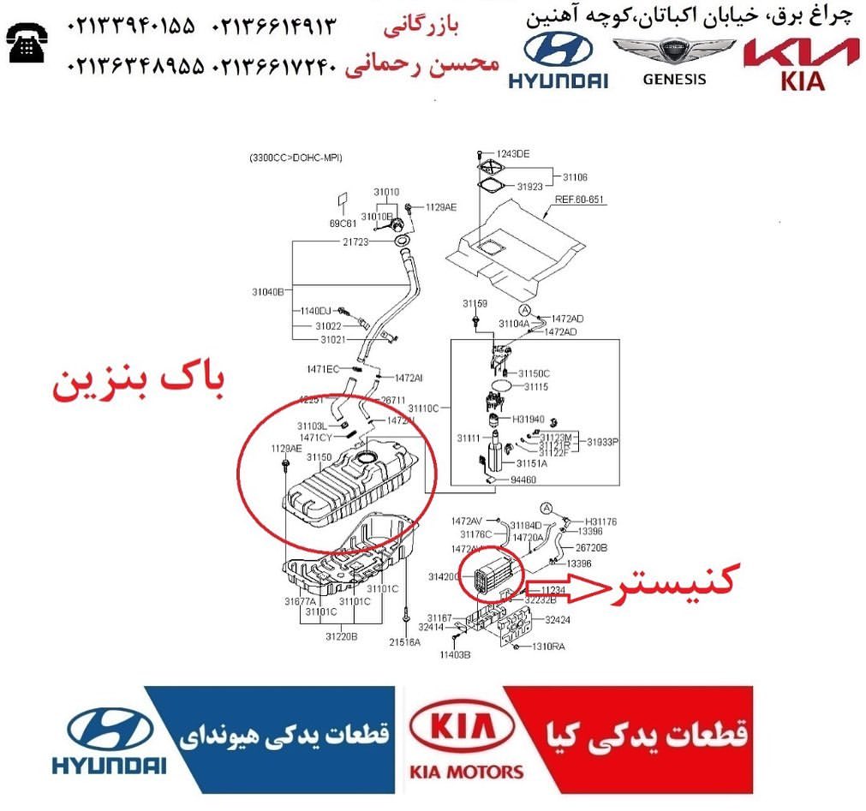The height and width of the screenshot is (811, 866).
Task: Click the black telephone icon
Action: click(26, 42)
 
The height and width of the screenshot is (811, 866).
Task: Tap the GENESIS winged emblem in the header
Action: click(673, 54)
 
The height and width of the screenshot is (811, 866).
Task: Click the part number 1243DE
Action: click(513, 154)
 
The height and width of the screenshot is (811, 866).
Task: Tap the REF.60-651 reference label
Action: click(579, 200)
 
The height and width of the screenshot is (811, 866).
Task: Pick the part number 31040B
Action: click(267, 292)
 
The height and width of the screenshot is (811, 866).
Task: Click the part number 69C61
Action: click(340, 223)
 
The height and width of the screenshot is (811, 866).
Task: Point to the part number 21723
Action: click(355, 243)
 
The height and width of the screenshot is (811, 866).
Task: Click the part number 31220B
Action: click(341, 636)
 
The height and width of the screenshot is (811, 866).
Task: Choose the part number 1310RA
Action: click(549, 647)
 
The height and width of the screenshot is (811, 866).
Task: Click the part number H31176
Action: click(601, 522)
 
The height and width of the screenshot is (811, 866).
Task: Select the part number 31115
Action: click(535, 387)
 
